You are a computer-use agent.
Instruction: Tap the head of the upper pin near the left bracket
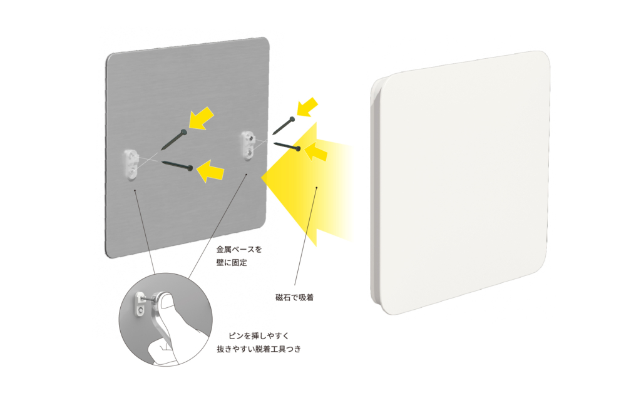point(183,131)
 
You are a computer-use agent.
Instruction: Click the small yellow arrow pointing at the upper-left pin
point(202,118)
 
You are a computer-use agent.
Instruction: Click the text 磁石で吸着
point(294,298)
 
